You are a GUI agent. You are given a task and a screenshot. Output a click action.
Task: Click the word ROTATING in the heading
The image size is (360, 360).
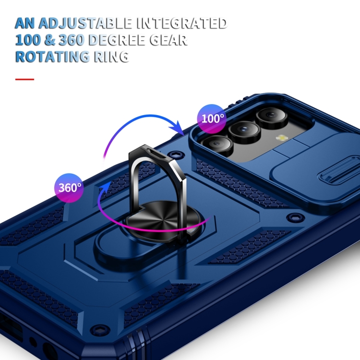pyautogui.click(x=51, y=56)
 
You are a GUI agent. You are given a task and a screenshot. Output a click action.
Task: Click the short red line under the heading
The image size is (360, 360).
pyautogui.click(x=24, y=79)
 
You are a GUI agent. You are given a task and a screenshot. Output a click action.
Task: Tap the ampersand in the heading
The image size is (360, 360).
pyautogui.click(x=61, y=39)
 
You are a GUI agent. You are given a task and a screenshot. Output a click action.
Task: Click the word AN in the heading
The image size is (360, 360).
pyautogui.click(x=25, y=23)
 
